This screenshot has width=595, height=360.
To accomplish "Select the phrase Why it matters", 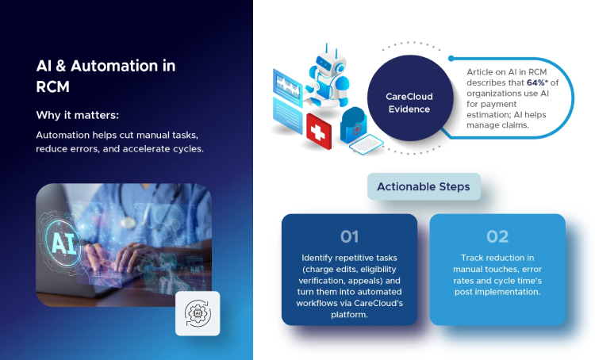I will pos(76,115).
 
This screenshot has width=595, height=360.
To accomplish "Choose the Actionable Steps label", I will pos(423,187).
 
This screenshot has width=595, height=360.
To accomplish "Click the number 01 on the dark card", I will pos(349,236).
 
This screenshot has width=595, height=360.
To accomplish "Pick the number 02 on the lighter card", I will pos(497,236).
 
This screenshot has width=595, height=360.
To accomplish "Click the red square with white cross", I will pos(319,131).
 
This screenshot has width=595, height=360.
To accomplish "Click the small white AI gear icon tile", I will pos(198,312).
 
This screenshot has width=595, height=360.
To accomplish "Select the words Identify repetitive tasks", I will pos(349,258).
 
